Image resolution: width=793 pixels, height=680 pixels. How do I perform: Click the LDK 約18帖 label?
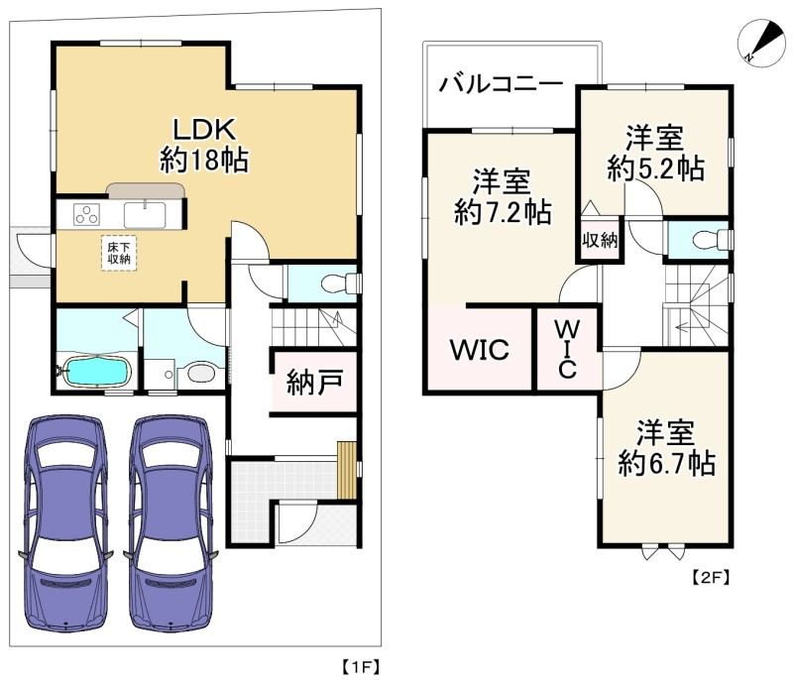click(x=204, y=145)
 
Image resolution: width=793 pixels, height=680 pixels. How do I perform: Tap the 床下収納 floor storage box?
click(x=119, y=254)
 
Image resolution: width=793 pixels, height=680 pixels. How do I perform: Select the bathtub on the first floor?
click(x=95, y=372)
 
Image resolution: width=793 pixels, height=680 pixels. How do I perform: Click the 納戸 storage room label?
click(x=314, y=383)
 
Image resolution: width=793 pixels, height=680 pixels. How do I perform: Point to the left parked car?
click(x=65, y=522)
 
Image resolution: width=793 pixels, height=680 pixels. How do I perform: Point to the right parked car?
click(x=170, y=522)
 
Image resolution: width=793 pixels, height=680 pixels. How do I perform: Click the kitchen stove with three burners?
click(x=86, y=214)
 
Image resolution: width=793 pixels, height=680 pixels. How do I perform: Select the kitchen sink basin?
click(x=145, y=215)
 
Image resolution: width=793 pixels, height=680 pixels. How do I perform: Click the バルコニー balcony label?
click(x=501, y=83)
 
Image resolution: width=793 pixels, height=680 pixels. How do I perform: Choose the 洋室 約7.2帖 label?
click(x=503, y=197)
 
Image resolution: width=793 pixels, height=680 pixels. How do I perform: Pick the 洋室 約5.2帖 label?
click(x=655, y=154)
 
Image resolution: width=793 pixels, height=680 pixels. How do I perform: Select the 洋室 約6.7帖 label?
click(x=666, y=447)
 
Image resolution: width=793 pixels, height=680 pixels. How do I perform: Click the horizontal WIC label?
click(x=480, y=350)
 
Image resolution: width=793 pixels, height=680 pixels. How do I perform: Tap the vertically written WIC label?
click(x=567, y=349)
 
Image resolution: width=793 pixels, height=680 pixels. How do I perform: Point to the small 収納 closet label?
click(x=600, y=240)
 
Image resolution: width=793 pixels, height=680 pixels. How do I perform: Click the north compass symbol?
click(x=761, y=43)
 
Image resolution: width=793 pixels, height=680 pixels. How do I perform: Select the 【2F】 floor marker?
click(x=711, y=577)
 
